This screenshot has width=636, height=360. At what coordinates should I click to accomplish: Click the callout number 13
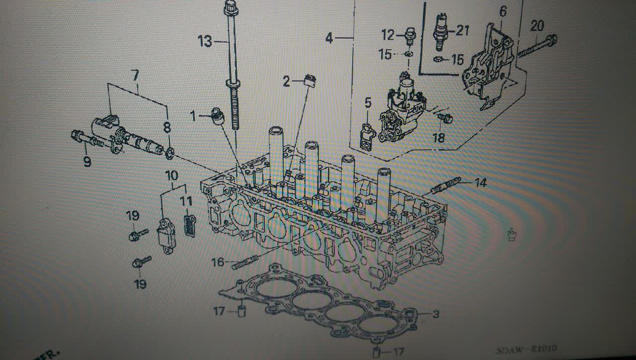[x=205, y=41]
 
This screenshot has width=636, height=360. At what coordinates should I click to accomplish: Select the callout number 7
[x=135, y=76]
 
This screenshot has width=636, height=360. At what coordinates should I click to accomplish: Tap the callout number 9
[x=87, y=161]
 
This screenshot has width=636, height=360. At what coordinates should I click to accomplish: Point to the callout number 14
[x=480, y=183]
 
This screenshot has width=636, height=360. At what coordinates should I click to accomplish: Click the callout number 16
[x=218, y=262]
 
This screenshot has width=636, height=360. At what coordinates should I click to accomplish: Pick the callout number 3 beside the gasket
[x=435, y=314]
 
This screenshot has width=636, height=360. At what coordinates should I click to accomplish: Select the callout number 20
[x=537, y=26]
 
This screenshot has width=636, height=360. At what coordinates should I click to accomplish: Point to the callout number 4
[x=329, y=38]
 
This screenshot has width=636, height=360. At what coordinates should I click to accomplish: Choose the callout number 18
[x=438, y=138]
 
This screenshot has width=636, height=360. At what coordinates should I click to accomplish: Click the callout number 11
[x=186, y=201]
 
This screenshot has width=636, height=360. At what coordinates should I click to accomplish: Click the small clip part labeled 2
[x=310, y=80]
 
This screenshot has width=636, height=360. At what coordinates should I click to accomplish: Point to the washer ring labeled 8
[x=169, y=153]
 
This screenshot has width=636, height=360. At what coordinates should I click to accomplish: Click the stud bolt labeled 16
[x=244, y=262]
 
